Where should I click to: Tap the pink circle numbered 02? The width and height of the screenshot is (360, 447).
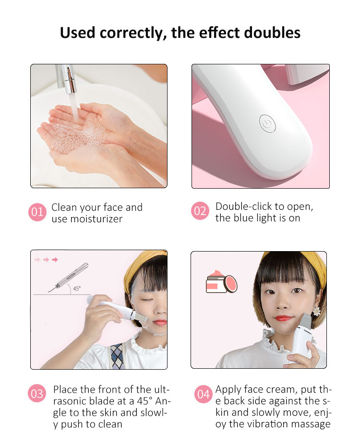(200, 212)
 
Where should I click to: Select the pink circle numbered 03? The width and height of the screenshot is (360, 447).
(37, 394)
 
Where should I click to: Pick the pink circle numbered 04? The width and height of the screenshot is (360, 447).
(204, 394)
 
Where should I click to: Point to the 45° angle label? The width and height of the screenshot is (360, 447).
(76, 289)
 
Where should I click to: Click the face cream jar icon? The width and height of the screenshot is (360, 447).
(220, 283)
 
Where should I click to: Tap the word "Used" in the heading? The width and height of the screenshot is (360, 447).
(78, 33)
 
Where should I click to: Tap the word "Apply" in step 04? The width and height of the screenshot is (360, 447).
(228, 389)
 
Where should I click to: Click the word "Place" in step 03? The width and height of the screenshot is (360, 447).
(65, 389)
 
